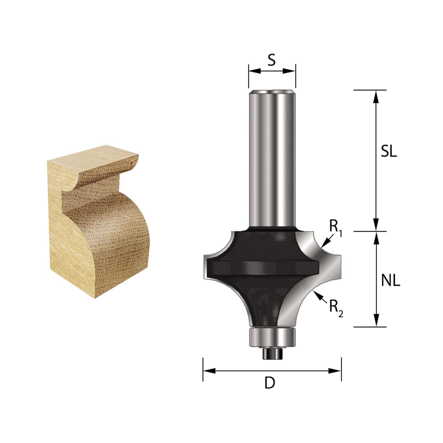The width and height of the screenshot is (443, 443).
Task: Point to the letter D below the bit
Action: [x=270, y=383]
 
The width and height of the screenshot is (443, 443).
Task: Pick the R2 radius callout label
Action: [x=336, y=309]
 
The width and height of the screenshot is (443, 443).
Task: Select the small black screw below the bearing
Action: [x=272, y=354]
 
